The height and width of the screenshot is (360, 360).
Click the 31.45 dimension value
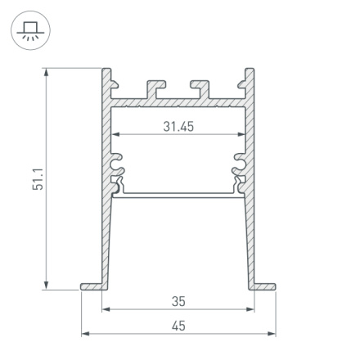point(178,126)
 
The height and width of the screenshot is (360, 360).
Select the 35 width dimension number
point(178,301)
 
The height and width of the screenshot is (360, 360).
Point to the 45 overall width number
point(178,326)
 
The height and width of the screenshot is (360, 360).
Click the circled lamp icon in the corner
point(30,31)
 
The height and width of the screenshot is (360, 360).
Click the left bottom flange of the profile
point(92,286)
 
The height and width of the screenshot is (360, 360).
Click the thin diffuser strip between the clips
point(178,195)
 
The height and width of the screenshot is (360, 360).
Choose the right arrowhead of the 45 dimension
point(272,334)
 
